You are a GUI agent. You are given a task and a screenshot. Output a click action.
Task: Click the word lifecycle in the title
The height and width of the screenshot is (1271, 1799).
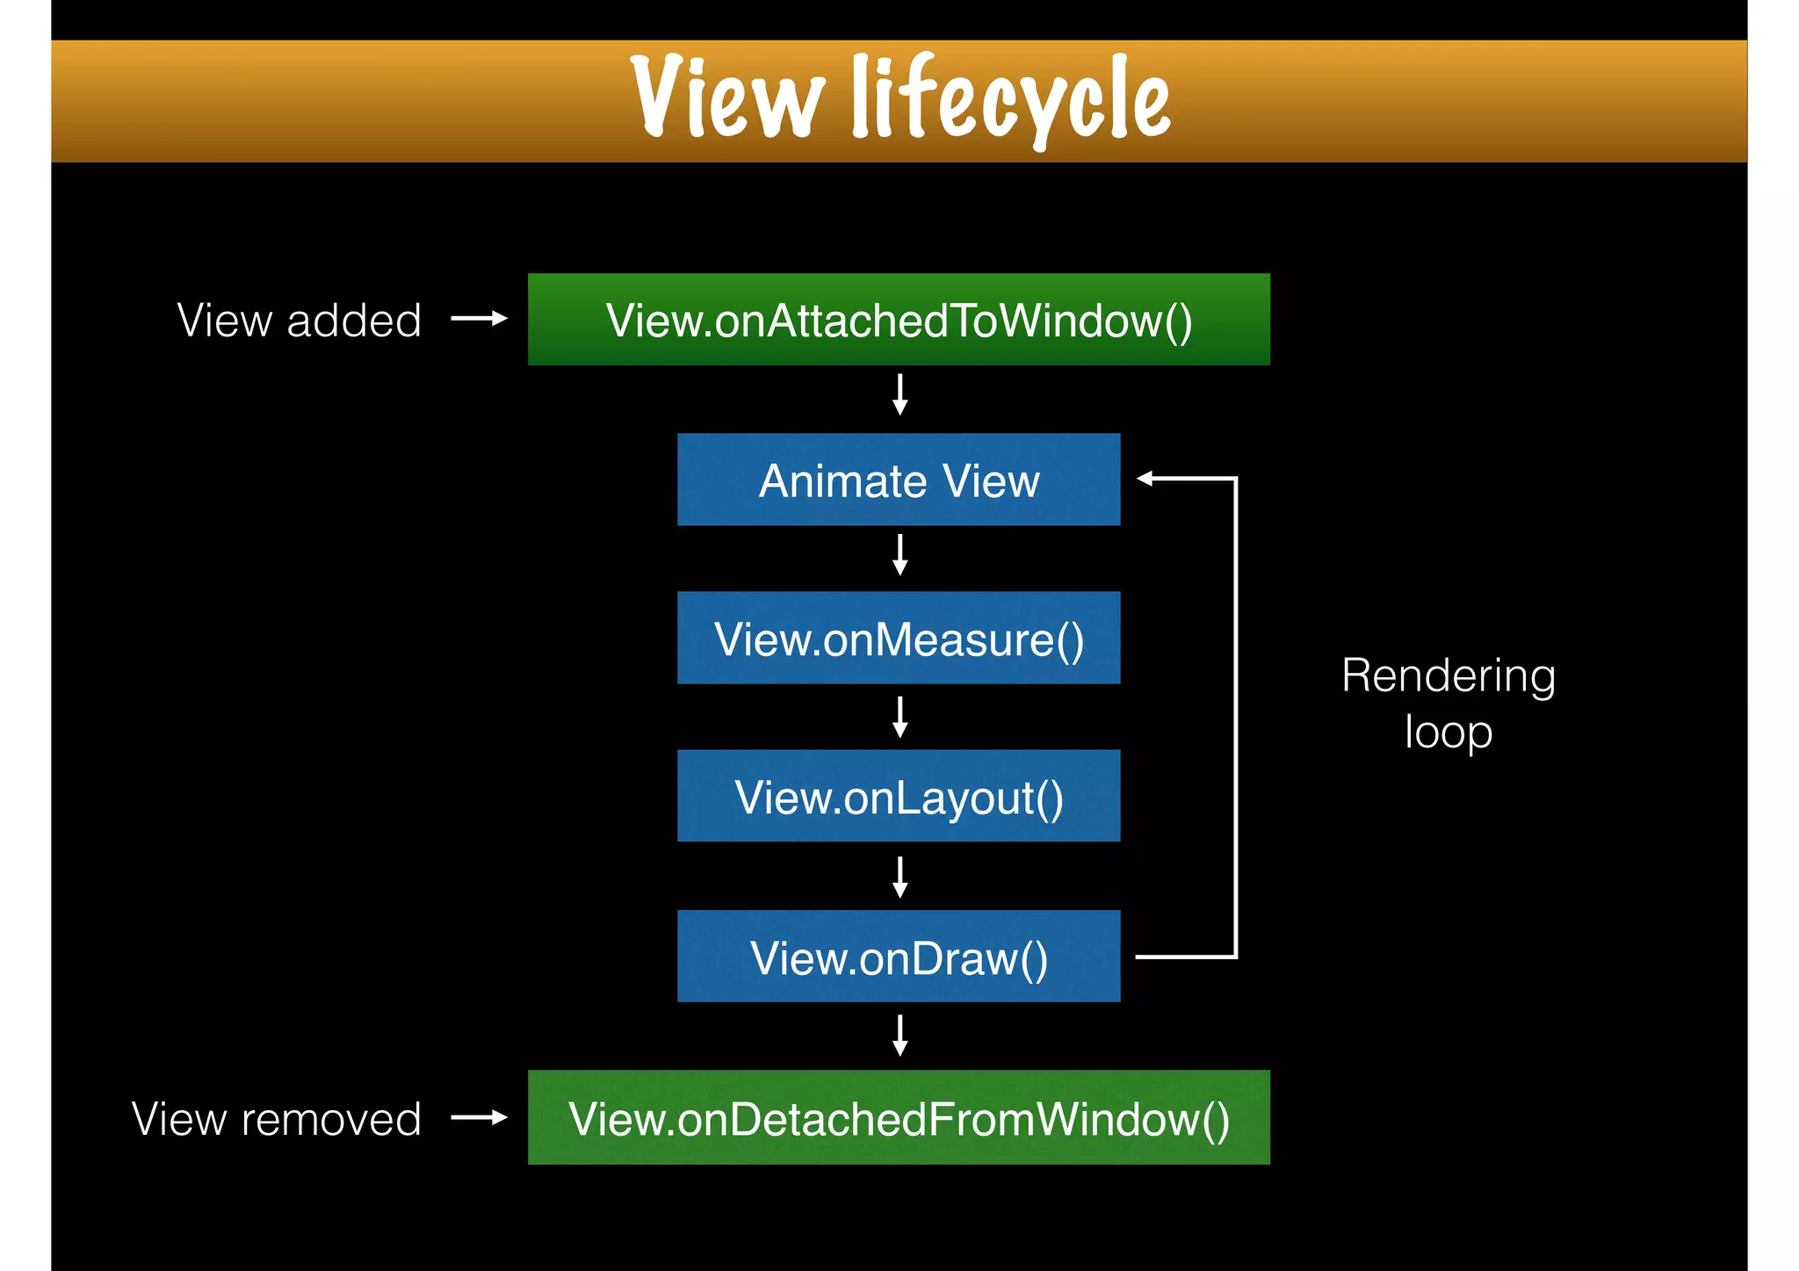[1011, 98]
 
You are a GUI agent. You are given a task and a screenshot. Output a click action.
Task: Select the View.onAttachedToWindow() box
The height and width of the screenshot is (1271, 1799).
[899, 320]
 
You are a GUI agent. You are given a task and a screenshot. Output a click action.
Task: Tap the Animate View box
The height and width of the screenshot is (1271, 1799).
[899, 480]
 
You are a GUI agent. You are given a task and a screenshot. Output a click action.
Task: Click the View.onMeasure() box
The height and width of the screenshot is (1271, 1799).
[899, 639]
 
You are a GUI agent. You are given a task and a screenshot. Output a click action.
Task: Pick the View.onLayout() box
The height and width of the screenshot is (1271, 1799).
[899, 797]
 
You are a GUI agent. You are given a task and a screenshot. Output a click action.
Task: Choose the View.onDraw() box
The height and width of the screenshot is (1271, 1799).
[899, 957]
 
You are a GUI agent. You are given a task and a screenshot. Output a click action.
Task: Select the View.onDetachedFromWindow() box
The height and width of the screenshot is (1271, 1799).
[899, 1118]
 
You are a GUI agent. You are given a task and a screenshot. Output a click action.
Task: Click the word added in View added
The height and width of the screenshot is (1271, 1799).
[354, 321]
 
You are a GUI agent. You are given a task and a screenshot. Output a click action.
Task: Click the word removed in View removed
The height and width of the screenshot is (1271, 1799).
[331, 1119]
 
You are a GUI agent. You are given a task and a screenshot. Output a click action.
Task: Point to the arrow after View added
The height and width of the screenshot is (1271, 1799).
[479, 319]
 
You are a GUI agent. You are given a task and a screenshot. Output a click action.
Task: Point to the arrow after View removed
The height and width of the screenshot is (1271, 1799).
[479, 1117]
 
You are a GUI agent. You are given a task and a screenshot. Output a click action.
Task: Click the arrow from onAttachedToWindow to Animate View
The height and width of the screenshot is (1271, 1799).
[899, 394]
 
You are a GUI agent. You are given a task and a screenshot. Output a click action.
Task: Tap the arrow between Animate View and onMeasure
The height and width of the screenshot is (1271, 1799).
[899, 554]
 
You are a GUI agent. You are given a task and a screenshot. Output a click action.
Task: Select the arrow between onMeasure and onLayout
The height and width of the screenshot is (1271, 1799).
[899, 717]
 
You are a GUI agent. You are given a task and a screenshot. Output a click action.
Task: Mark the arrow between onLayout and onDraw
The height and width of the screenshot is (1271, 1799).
[899, 877]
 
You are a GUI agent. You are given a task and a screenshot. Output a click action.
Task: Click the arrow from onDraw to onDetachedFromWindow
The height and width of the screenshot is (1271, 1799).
[899, 1035]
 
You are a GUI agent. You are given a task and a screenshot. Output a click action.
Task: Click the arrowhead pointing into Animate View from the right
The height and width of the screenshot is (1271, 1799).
[1145, 479]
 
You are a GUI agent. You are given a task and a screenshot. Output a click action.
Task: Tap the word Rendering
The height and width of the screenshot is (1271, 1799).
[1448, 677]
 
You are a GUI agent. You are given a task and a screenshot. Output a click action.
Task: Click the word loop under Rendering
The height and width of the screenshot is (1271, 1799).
[1448, 733]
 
